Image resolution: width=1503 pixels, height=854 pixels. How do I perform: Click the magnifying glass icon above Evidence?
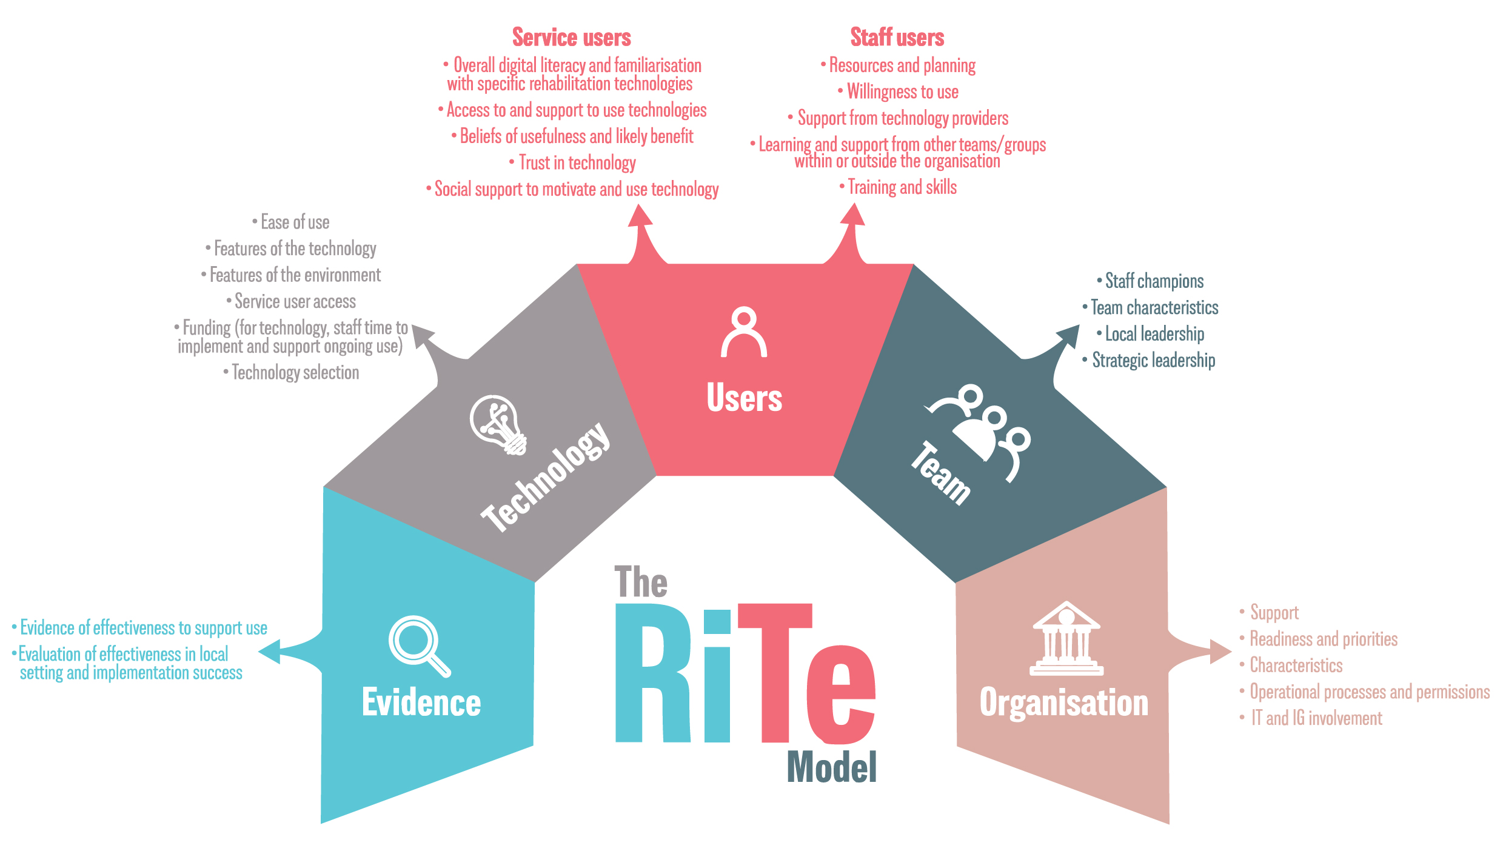[417, 644]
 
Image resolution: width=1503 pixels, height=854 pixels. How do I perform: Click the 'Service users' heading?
[571, 38]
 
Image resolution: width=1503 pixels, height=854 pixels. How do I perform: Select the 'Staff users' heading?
[897, 38]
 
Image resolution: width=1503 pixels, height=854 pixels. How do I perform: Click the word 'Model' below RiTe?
[831, 767]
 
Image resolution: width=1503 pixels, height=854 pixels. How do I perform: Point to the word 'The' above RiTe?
[640, 582]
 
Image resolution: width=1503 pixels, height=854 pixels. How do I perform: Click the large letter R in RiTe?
[652, 673]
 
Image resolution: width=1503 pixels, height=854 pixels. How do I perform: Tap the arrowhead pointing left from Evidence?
[270, 652]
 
